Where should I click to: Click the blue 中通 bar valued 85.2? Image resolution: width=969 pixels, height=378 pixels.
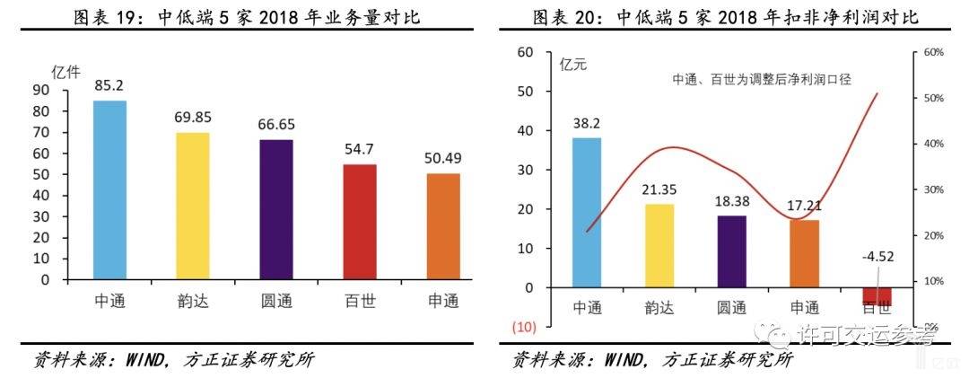[x=109, y=189]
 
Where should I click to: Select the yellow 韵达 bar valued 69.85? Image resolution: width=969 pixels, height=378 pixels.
[x=192, y=206]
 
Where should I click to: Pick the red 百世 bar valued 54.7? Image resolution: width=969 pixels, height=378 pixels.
[x=361, y=222]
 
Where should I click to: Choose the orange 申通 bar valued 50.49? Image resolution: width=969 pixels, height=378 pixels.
[x=443, y=226]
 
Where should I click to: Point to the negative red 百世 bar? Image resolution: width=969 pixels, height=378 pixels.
[x=877, y=296]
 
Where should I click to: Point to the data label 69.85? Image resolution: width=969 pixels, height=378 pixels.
[x=192, y=117]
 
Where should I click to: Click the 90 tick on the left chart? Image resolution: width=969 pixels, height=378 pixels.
[x=41, y=90]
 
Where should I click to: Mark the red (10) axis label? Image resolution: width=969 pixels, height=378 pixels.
[x=523, y=326]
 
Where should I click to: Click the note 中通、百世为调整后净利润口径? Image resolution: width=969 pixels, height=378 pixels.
[x=761, y=79]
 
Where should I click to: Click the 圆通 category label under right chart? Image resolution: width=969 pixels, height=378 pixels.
[x=731, y=308]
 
